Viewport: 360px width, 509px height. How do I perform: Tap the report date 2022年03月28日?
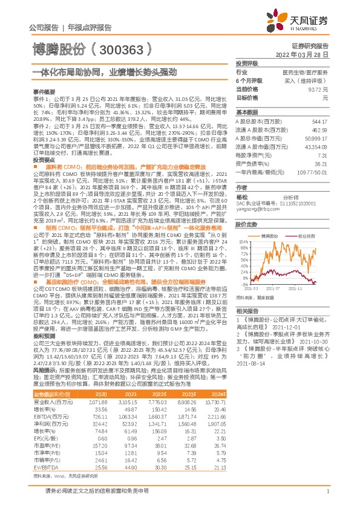[x=322, y=54]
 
